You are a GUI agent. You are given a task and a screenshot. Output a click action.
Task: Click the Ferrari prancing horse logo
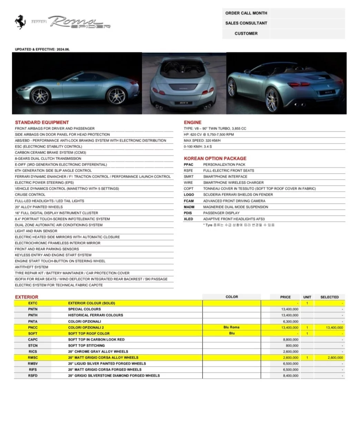[20, 22]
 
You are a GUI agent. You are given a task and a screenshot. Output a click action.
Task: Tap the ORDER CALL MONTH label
[246, 13]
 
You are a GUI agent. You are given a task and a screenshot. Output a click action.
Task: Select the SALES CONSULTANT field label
[246, 23]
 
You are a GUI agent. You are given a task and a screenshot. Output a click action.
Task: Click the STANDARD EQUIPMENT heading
[42, 122]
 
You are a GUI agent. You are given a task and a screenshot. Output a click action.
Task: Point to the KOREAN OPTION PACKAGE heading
[215, 158]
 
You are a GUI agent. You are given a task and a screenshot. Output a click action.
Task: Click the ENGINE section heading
[192, 122]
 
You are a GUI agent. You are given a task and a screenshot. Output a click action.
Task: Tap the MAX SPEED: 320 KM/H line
[202, 140]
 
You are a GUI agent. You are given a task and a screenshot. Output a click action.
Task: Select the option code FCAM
[189, 201]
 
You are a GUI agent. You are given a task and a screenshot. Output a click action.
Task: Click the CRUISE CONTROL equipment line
[30, 195]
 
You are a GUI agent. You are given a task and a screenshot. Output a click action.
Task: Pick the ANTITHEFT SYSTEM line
[31, 267]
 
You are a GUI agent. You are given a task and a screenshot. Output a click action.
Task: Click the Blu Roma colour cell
[231, 327]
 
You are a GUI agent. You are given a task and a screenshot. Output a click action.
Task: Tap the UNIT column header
[307, 297]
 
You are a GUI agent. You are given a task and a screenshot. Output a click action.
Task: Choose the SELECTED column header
[329, 297]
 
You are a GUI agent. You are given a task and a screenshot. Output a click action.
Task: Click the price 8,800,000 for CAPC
[290, 340]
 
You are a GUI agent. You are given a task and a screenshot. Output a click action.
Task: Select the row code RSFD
[33, 376]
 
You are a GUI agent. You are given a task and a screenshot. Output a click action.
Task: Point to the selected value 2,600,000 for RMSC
[334, 358]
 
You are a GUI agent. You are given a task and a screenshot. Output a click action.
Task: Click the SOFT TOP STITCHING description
[86, 346]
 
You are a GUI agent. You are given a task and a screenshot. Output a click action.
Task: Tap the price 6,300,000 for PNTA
[290, 321]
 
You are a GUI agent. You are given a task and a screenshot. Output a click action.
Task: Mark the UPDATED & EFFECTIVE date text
[42, 49]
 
